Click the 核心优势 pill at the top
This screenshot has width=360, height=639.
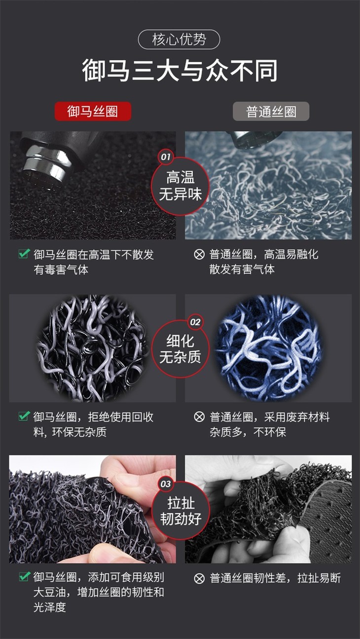pos(179,39)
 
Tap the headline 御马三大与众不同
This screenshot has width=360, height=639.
pos(180,71)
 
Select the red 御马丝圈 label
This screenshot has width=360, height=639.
pos(93,111)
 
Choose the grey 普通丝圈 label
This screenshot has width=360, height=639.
pos(271,111)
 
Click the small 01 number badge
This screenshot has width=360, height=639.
pos(166,156)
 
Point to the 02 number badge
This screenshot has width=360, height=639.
pos(195,322)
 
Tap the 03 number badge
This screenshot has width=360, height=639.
pos(166,484)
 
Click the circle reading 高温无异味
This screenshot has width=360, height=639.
pos(180,186)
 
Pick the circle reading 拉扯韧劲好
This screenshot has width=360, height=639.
pos(180,510)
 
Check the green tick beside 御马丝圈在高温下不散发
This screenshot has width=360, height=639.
pos(24,253)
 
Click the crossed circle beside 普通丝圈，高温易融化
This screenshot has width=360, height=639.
pos(199,255)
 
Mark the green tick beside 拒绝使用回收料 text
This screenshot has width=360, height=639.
pos(24,416)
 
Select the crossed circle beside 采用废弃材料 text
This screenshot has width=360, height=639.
pos(199,417)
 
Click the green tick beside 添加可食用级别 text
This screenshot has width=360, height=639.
pos(24,576)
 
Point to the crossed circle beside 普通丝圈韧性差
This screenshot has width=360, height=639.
pos(199,578)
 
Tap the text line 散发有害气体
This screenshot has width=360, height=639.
pos(242,269)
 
